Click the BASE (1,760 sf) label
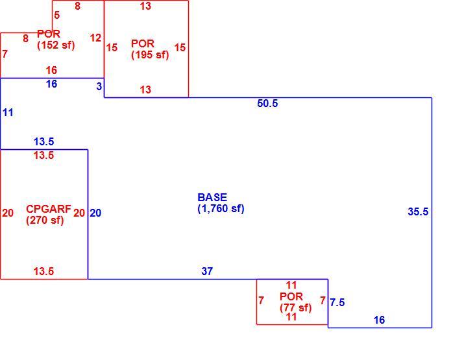pyautogui.click(x=221, y=203)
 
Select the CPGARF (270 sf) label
pyautogui.click(x=49, y=215)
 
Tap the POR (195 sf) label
pyautogui.click(x=150, y=49)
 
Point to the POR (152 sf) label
pyautogui.click(x=56, y=40)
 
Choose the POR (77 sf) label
pyautogui.click(x=295, y=302)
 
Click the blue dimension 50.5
pyautogui.click(x=267, y=103)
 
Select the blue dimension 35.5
pyautogui.click(x=418, y=211)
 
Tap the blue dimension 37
pyautogui.click(x=207, y=271)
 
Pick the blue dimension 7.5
pyautogui.click(x=337, y=302)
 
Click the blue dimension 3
pyautogui.click(x=99, y=86)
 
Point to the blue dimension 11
pyautogui.click(x=8, y=112)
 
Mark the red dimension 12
pyautogui.click(x=95, y=38)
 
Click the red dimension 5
pyautogui.click(x=57, y=15)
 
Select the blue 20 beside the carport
pyautogui.click(x=95, y=213)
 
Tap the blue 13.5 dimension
pyautogui.click(x=43, y=141)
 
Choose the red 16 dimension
pyautogui.click(x=51, y=70)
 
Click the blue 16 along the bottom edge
pyautogui.click(x=379, y=320)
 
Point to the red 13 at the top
pyautogui.click(x=145, y=6)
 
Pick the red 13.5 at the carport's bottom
pyautogui.click(x=43, y=271)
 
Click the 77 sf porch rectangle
pyautogui.click(x=256, y=302)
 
